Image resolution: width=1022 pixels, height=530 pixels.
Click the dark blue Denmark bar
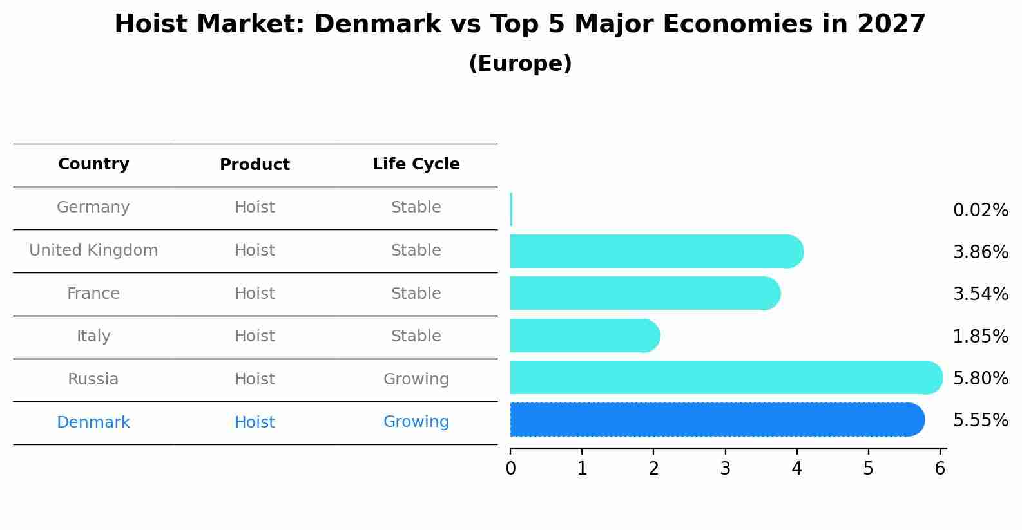(x=715, y=420)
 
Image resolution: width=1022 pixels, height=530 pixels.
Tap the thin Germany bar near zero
(x=511, y=209)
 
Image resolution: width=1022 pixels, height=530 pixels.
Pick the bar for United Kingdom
(x=654, y=251)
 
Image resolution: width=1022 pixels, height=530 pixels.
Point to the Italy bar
(x=583, y=336)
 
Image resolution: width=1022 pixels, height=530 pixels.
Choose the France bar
(x=644, y=293)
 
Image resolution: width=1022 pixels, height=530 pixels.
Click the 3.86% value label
(x=980, y=252)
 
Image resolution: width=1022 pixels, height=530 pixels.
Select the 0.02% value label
(x=980, y=210)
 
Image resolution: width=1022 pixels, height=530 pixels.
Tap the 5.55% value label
(x=980, y=421)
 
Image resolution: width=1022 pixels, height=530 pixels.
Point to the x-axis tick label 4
(x=796, y=469)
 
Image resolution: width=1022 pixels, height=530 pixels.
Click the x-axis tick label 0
(x=510, y=469)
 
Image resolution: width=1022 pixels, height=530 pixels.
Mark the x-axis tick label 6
(x=940, y=469)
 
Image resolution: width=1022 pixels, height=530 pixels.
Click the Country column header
(x=93, y=164)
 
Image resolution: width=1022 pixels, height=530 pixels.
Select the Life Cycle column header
(x=416, y=164)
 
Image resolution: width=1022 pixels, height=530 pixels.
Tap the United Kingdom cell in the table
(x=93, y=251)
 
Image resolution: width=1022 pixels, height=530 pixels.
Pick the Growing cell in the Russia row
(x=416, y=379)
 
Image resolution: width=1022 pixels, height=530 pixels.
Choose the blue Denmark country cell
(x=93, y=422)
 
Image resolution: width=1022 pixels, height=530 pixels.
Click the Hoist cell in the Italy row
(x=255, y=336)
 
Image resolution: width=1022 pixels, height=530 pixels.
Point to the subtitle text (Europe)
(x=520, y=64)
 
